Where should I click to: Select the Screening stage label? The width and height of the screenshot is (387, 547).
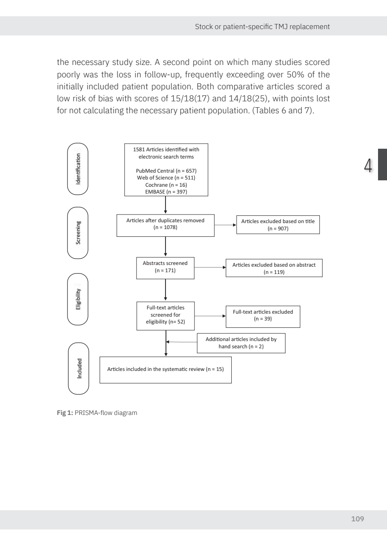(78, 232)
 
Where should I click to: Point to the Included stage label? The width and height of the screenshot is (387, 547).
(79, 368)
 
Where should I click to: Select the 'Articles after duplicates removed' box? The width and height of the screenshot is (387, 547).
(165, 224)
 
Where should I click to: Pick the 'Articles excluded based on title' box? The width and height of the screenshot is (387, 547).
(278, 225)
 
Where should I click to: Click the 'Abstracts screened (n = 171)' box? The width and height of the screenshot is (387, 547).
(165, 268)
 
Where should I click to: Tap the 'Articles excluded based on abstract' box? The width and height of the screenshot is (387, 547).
(274, 268)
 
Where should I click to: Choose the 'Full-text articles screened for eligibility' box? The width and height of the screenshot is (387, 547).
(165, 316)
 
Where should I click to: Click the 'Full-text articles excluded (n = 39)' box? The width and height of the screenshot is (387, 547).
(263, 315)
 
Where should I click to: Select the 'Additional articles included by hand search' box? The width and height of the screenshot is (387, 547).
(241, 343)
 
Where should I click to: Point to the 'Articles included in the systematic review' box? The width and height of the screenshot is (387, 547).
(165, 369)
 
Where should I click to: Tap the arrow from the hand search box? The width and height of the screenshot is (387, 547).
(181, 342)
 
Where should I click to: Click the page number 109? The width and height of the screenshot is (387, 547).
(357, 519)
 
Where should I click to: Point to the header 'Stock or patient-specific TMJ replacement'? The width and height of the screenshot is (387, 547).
(262, 26)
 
